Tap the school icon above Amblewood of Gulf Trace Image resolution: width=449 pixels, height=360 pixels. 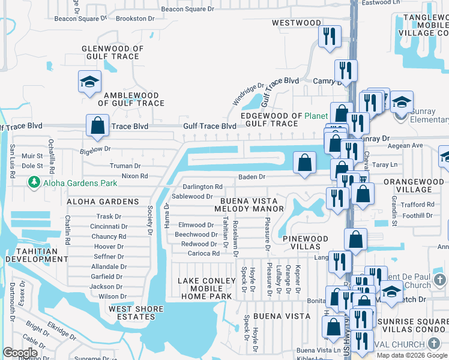point(89,82)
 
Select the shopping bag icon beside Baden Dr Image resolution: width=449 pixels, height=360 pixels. point(305,162)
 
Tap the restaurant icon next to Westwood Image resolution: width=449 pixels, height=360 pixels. point(330,35)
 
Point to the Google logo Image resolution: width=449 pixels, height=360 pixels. point(20,353)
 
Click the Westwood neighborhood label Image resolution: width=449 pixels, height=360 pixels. point(297,23)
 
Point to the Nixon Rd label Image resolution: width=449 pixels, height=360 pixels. point(134,176)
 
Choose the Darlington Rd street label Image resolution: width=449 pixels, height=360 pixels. point(202,187)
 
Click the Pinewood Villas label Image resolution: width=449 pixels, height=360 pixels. point(306,243)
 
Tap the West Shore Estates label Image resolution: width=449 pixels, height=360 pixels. point(136,313)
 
